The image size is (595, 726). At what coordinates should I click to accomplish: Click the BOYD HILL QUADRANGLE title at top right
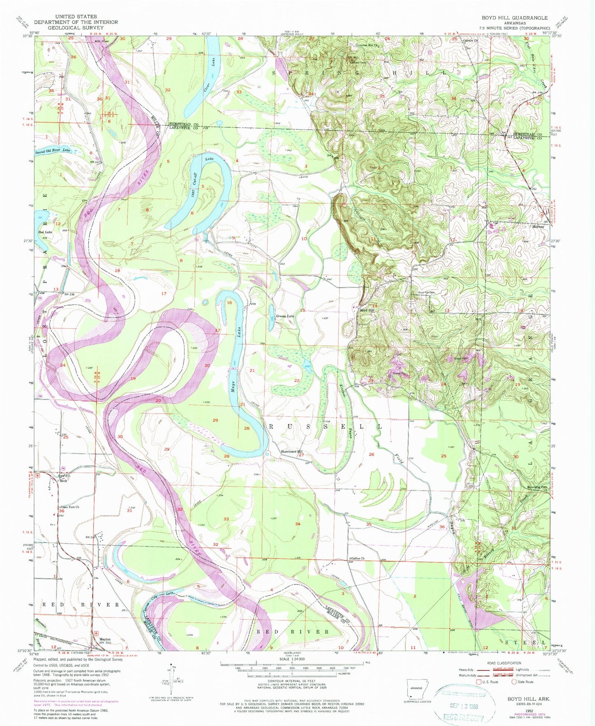point(515,18)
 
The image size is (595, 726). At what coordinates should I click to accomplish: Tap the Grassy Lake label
point(285,316)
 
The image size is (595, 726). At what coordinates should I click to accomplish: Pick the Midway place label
point(538,226)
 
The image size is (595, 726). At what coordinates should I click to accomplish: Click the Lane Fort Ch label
point(70,507)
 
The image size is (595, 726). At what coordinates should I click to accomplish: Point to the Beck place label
point(63,480)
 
